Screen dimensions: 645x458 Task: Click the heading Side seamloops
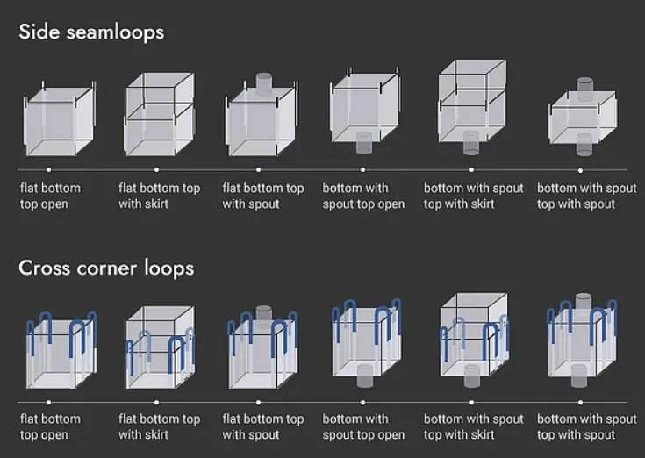[x=91, y=32]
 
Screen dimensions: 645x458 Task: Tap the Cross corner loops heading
[x=106, y=268]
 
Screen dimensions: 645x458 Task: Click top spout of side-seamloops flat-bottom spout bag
[x=263, y=84]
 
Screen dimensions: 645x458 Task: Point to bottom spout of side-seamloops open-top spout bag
[x=363, y=143]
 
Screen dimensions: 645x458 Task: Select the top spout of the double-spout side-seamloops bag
[x=585, y=88]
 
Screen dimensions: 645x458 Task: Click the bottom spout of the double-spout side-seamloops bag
[x=584, y=145]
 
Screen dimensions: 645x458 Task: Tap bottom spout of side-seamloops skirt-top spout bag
[x=471, y=143]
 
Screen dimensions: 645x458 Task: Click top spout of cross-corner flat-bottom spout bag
[x=263, y=314]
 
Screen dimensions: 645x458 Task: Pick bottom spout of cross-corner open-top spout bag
[x=364, y=376]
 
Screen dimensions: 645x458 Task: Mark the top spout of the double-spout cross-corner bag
[x=584, y=302]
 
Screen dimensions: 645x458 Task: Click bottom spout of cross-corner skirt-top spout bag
[x=472, y=376]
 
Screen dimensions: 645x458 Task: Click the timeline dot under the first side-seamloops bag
[x=48, y=170]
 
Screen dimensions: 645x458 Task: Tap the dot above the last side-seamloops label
[x=580, y=170]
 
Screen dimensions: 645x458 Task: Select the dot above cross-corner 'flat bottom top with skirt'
[x=156, y=403]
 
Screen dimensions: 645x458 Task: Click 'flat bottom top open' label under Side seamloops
[x=50, y=197]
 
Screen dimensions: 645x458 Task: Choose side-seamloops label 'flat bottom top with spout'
[x=263, y=197]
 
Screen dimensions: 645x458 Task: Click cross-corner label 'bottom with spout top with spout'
[x=586, y=426]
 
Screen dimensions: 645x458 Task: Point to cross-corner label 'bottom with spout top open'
[x=363, y=426]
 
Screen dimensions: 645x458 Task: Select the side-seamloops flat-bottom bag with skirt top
[x=160, y=114]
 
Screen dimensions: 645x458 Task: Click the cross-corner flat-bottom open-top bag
[x=61, y=350]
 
